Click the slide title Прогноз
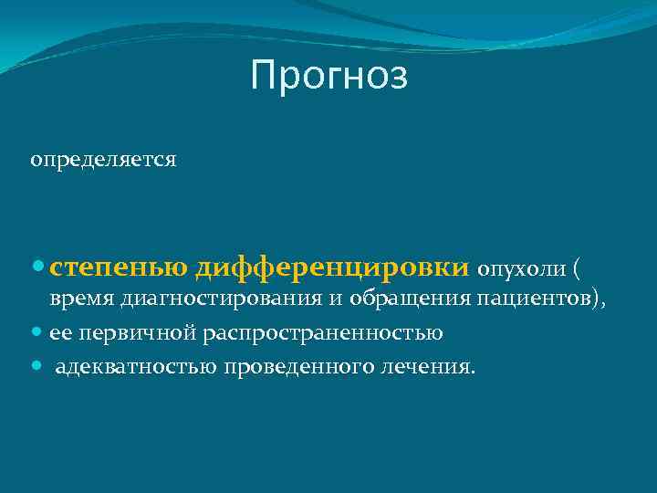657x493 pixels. pos(328,76)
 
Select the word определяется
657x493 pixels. pos(103,160)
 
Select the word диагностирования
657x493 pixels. pos(203,299)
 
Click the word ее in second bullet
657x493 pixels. pos(61,333)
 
